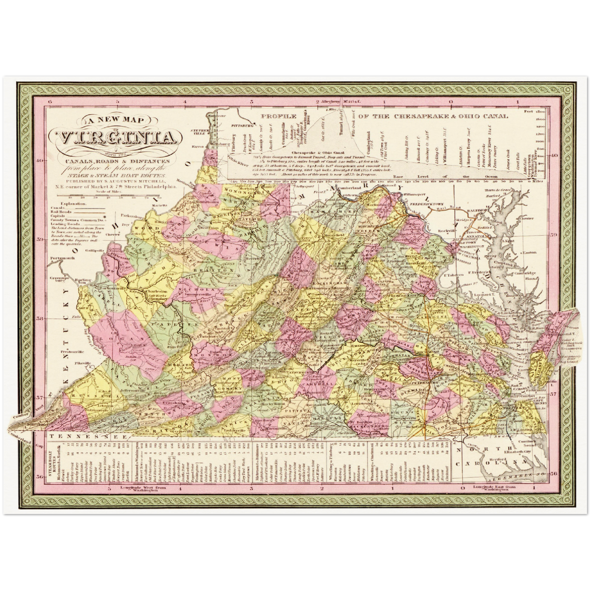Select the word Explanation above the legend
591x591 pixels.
tap(72, 203)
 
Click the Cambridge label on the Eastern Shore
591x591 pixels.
tap(524, 273)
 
